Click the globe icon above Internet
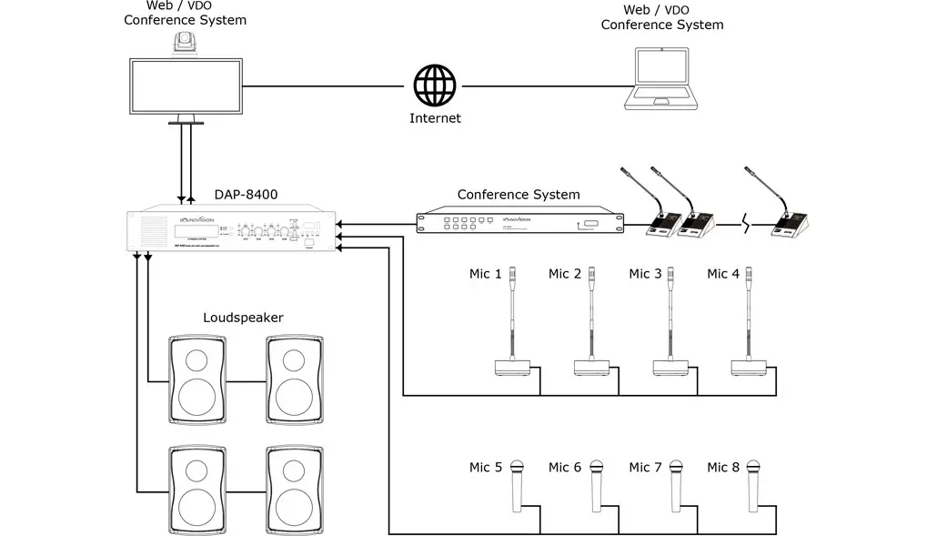(x=434, y=86)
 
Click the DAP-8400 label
(x=246, y=194)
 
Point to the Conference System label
(x=518, y=194)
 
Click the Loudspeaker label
(x=243, y=318)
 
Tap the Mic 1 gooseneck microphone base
(x=512, y=368)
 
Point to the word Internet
(x=435, y=118)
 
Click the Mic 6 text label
(x=564, y=467)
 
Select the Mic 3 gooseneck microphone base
(x=670, y=368)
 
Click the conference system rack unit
(x=521, y=222)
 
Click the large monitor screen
(x=186, y=86)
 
